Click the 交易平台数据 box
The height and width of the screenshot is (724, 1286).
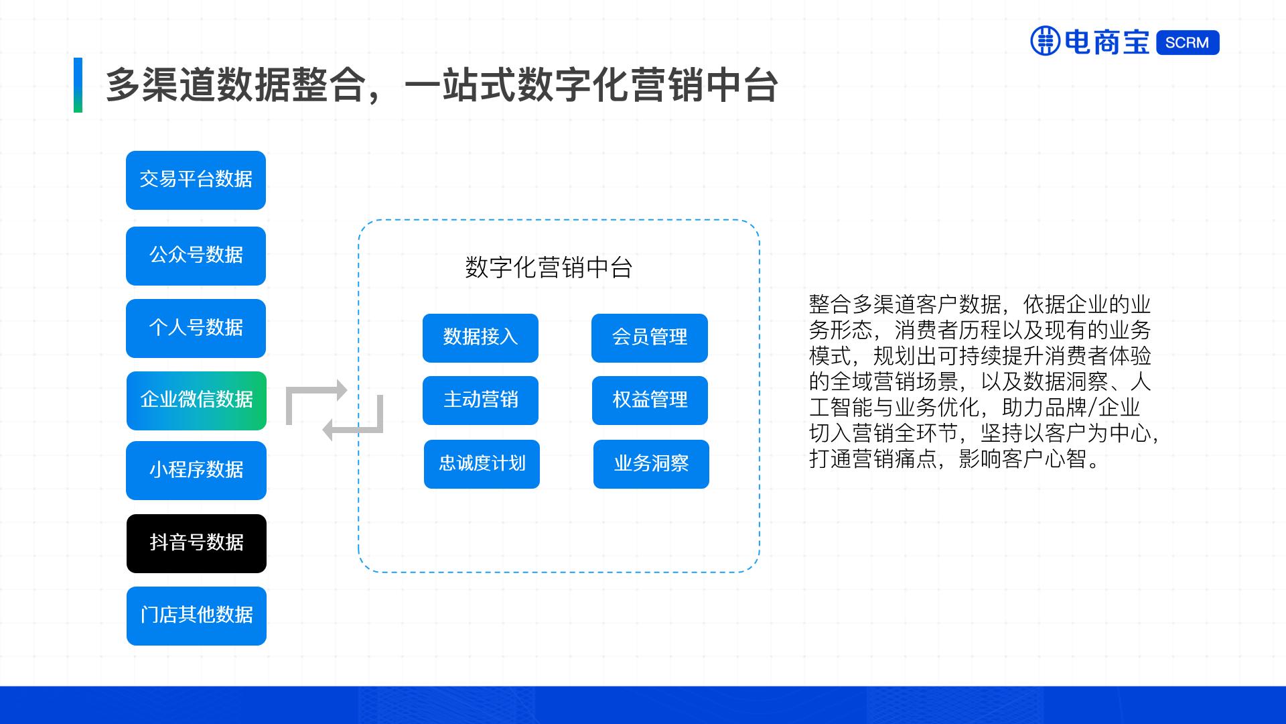196,180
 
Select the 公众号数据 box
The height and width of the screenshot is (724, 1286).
196,255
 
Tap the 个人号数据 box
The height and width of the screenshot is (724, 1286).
196,328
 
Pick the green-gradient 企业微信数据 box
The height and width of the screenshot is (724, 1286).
196,400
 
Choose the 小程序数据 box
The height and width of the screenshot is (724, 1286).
196,470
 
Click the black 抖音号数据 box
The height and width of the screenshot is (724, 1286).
196,543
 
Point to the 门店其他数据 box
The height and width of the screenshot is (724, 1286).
196,615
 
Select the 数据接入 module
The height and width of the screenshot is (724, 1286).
480,337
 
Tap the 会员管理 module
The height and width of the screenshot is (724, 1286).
649,337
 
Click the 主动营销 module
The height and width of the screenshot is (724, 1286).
480,400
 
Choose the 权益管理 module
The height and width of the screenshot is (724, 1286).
650,400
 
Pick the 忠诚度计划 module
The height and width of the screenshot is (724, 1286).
482,464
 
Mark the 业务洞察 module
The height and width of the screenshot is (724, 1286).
651,464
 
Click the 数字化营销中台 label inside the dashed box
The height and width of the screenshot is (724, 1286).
549,268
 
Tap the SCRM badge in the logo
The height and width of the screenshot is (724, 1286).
1187,42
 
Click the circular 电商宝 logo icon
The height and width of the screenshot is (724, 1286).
1046,41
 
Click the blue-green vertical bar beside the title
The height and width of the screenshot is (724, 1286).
78,85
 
